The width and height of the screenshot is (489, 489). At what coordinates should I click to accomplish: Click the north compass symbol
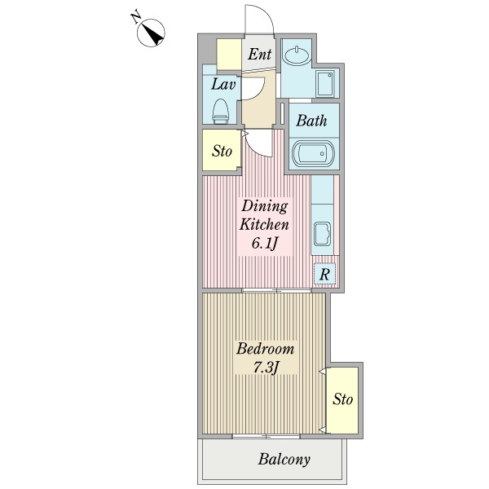(x=151, y=33)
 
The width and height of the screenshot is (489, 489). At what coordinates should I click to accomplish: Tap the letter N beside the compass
(x=136, y=17)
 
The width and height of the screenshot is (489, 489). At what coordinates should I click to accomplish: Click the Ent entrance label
(x=259, y=54)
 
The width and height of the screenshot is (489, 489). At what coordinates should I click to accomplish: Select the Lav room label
(x=223, y=84)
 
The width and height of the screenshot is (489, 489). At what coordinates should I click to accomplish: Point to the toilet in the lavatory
(x=221, y=112)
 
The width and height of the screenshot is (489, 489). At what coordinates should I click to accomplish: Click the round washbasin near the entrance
(x=296, y=55)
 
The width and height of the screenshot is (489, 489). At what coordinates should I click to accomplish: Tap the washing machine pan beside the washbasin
(x=325, y=84)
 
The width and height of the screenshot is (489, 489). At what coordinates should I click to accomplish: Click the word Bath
(x=311, y=121)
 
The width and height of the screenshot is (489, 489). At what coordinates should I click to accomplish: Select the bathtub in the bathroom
(x=314, y=154)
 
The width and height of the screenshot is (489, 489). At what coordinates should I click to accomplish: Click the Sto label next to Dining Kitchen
(x=222, y=152)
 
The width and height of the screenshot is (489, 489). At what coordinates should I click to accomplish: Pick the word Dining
(x=264, y=206)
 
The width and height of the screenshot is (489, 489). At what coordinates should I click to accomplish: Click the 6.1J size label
(x=264, y=243)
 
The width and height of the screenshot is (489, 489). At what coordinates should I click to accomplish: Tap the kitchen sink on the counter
(x=323, y=234)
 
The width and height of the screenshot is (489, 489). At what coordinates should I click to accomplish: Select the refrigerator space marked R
(x=324, y=274)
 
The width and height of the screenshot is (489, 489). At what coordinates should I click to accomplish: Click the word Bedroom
(x=265, y=348)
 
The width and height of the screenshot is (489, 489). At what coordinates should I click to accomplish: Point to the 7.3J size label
(x=266, y=368)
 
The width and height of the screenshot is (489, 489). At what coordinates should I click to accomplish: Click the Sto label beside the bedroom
(x=342, y=399)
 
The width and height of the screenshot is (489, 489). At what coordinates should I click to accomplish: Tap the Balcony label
(x=284, y=460)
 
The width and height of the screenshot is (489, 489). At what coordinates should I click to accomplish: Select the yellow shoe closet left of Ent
(x=229, y=55)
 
